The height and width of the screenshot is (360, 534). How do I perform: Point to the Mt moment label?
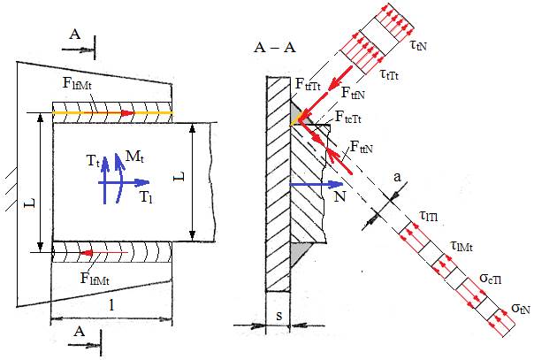coord(133,157)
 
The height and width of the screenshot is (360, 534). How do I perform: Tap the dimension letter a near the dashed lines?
coord(400,202)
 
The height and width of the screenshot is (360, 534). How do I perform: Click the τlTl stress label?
coord(429,218)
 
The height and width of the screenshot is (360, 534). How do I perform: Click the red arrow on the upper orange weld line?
coord(129,113)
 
